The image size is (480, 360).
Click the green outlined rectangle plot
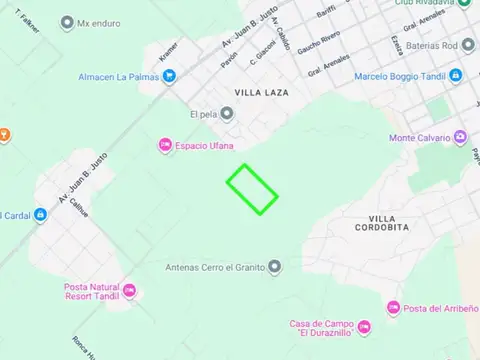[252, 189]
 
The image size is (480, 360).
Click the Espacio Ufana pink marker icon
[165, 147]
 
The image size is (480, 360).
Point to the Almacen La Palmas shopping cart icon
[169, 76]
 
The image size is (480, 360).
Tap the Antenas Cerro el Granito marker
[274, 266]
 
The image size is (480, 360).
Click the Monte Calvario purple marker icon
[460, 137]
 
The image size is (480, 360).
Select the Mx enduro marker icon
[66, 22]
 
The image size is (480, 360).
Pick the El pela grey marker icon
[228, 113]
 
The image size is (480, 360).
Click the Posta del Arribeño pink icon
[394, 308]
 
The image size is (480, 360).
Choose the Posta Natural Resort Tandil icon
[129, 292]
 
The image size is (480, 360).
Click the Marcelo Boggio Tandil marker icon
[455, 76]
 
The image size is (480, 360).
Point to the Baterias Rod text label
[445, 45]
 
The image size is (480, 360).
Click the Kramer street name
[168, 49]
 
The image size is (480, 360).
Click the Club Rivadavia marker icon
[464, 3]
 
